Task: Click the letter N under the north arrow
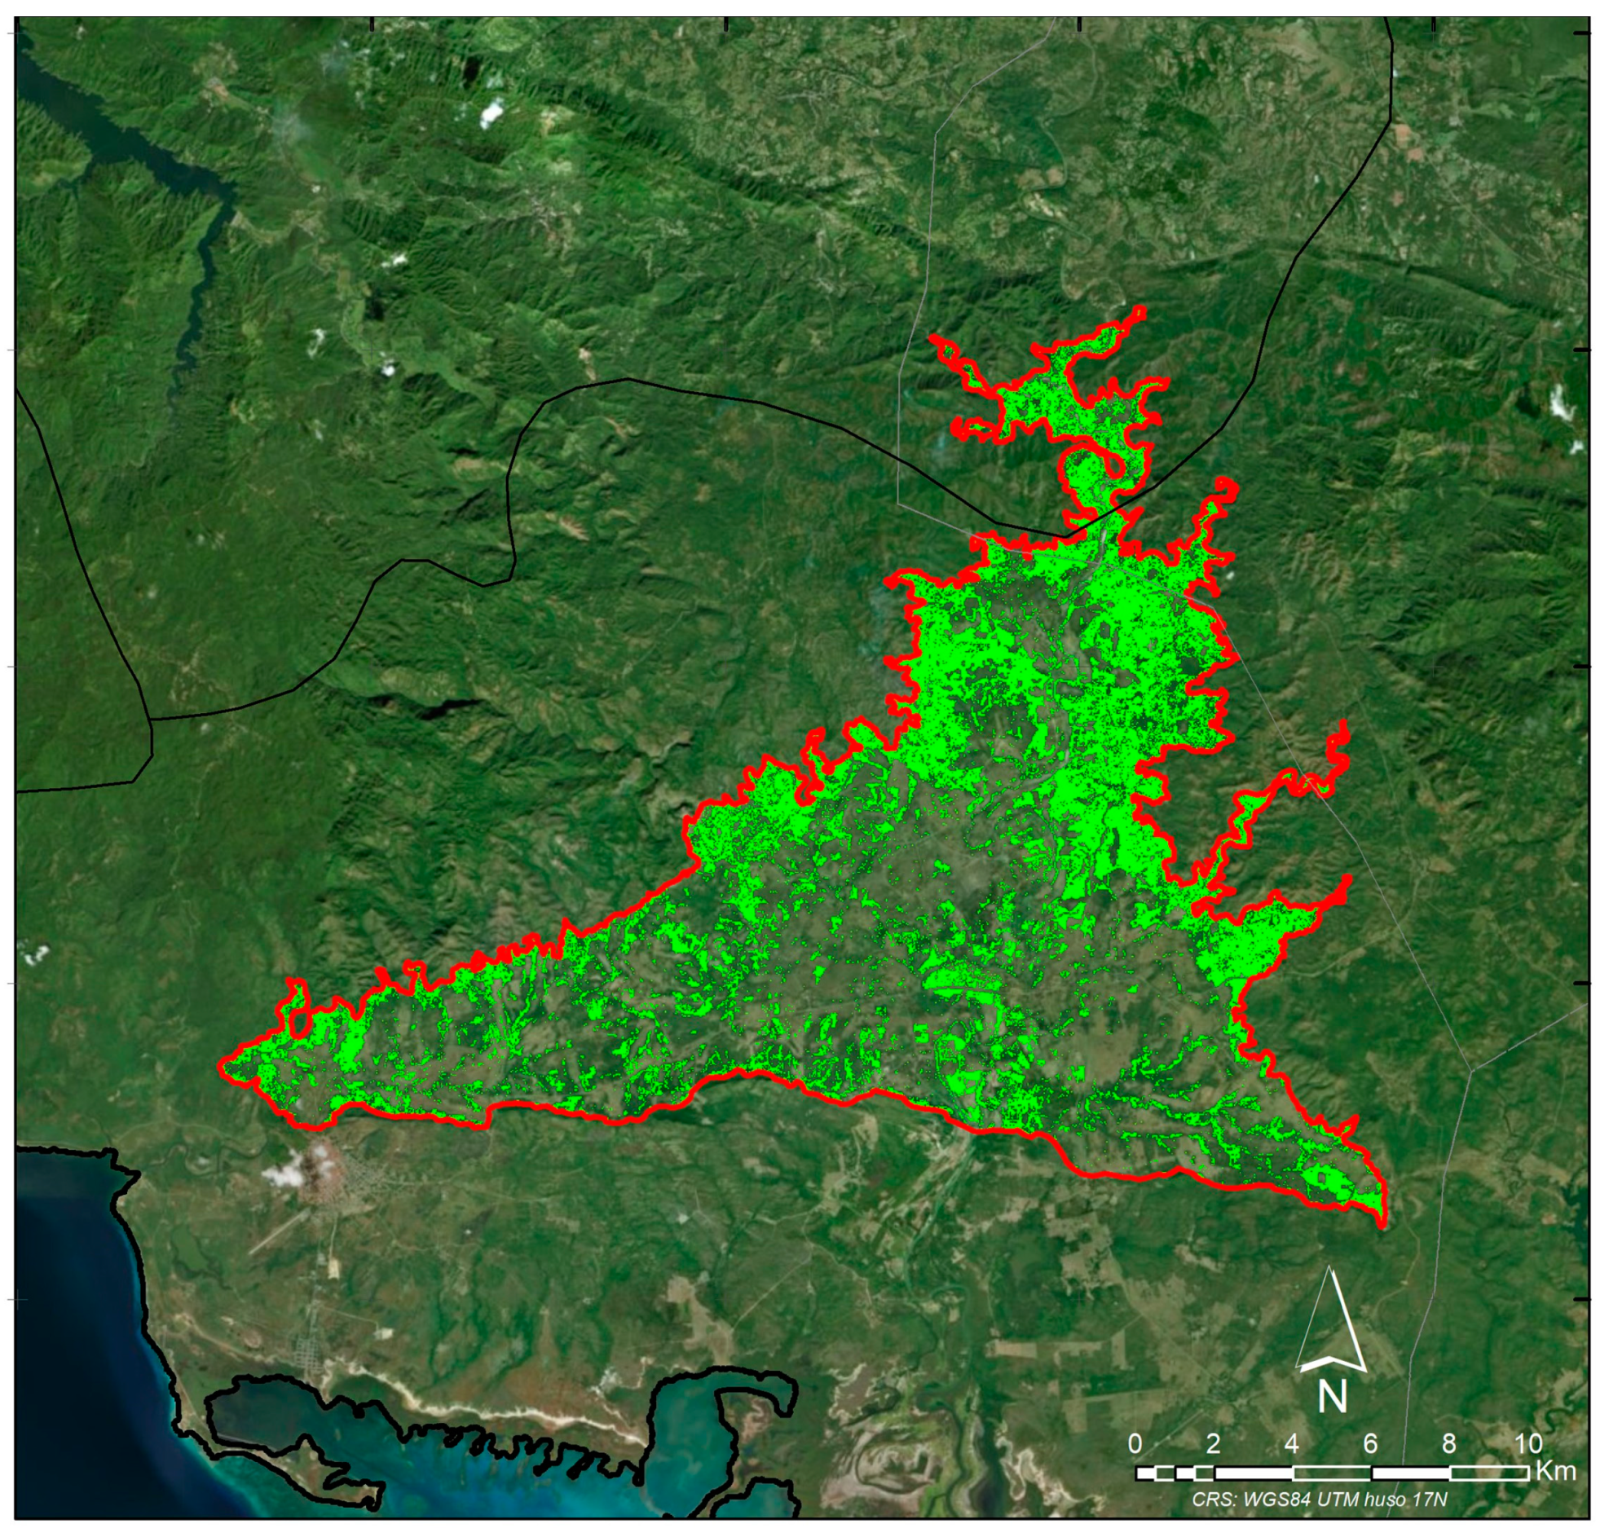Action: click(1332, 1396)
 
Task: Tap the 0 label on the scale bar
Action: click(1135, 1443)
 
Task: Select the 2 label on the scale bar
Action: click(1214, 1443)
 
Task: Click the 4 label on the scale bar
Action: click(1292, 1443)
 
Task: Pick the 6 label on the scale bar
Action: click(1371, 1443)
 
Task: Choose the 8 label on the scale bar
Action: click(1449, 1443)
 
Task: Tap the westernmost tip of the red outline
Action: click(221, 1064)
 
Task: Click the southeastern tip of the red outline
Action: click(1384, 1226)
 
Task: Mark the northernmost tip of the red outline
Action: click(1140, 309)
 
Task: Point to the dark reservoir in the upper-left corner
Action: click(99, 123)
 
